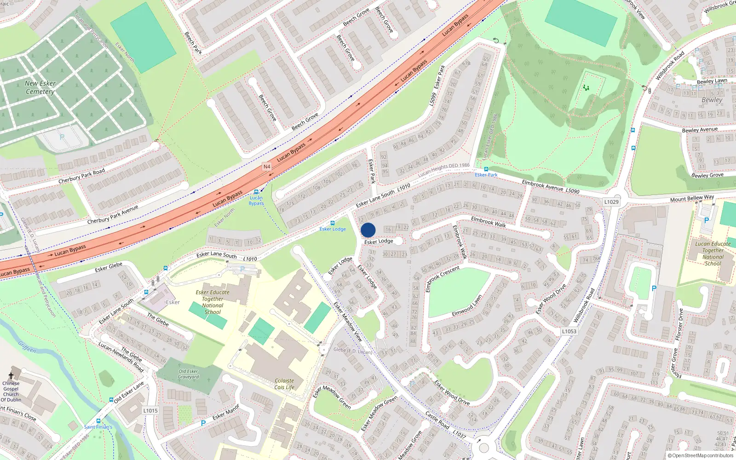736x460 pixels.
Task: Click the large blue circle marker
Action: pos(368,230)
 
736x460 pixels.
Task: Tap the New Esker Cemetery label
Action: pos(40,87)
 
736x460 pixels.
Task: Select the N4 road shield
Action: pos(267,167)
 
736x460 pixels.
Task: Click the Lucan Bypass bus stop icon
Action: pos(256,192)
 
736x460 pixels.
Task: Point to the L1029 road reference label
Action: pos(611,202)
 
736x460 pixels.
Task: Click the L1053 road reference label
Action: pos(569,331)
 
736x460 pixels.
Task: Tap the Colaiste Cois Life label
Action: pos(284,384)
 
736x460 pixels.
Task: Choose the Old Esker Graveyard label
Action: pos(189,374)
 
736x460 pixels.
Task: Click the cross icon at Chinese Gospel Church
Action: pos(11,376)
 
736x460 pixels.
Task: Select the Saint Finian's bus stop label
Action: pos(98,427)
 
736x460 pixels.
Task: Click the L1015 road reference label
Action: pos(150,411)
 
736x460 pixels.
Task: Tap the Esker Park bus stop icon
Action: pos(486,169)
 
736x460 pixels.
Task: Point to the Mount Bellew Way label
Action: pos(692,198)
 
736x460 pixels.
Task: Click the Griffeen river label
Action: pos(27,346)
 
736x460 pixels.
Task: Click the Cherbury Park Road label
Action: pos(81,176)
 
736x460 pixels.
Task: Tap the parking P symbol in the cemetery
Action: pos(62,137)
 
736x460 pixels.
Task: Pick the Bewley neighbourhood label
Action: pos(712,100)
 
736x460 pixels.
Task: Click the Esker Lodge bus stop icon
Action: pos(333,223)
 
